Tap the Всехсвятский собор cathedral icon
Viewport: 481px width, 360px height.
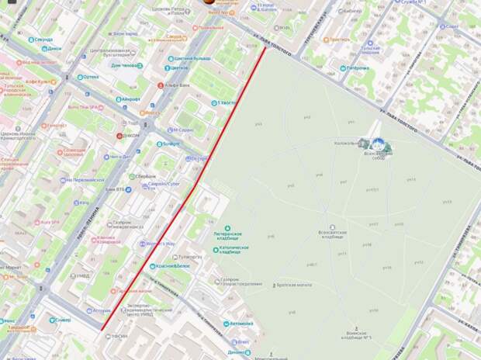[379, 144]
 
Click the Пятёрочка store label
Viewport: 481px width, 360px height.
[357, 68]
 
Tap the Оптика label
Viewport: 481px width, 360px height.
[90, 77]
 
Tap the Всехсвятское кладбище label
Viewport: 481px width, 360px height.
[330, 233]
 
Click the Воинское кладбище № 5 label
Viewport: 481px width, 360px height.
[358, 334]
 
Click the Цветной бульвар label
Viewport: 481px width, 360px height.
[192, 58]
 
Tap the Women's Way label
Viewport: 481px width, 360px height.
[160, 244]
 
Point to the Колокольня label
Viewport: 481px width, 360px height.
[346, 142]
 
